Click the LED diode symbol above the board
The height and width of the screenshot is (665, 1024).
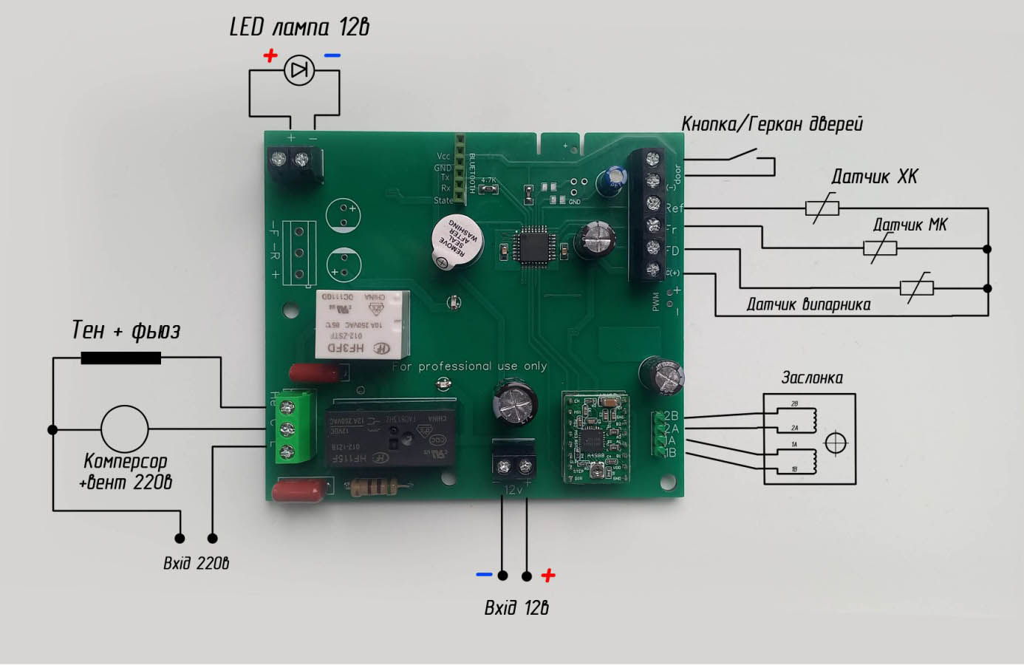tap(299, 71)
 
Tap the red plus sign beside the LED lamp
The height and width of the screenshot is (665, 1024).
tap(270, 55)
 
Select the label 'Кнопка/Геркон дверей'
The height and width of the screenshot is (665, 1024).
tap(771, 123)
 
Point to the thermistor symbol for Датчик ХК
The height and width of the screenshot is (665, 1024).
tap(822, 208)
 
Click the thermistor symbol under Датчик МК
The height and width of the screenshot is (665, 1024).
tap(880, 248)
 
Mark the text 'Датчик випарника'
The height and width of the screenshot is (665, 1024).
tap(808, 304)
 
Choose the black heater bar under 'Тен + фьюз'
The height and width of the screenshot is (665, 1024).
tap(120, 358)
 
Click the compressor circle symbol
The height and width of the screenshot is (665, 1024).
tap(124, 429)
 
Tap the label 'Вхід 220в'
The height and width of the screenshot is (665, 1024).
tap(196, 563)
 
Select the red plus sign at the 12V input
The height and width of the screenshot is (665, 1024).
tap(547, 576)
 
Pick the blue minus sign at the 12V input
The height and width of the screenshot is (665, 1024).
tap(484, 574)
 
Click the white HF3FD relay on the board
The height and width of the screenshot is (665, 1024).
tap(362, 324)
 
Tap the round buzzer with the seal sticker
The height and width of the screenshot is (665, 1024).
tap(457, 239)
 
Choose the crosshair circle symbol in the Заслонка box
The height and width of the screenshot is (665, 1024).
tap(836, 443)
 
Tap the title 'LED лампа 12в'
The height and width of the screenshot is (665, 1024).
tap(299, 27)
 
